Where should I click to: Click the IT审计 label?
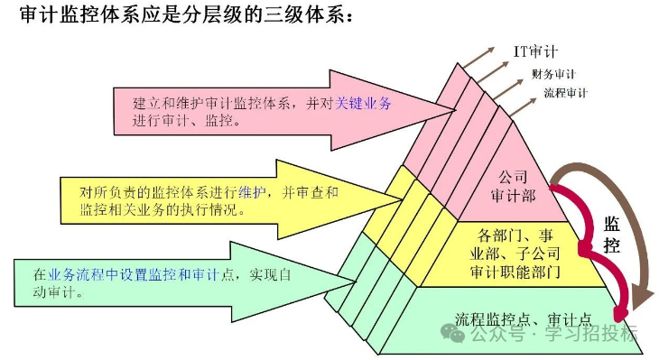[539, 51]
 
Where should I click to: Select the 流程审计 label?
[565, 92]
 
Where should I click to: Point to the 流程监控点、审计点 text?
[523, 318]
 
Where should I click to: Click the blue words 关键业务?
[363, 104]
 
